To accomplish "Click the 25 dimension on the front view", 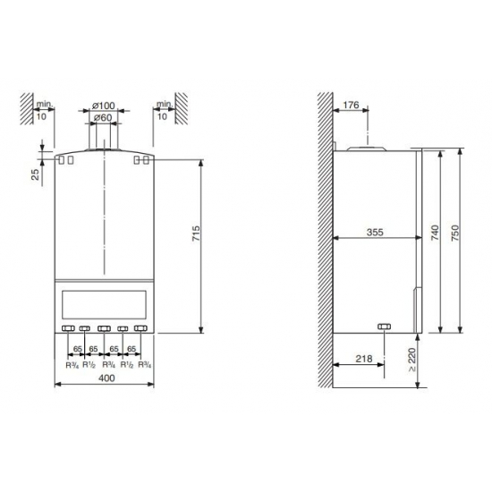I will coord(35,174).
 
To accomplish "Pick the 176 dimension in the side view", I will coord(350,106).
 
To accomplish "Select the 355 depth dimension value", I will coord(375,233).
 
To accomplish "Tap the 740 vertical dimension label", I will coord(435,234).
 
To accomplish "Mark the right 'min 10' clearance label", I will coord(162,110).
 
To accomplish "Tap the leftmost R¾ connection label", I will coord(71,365).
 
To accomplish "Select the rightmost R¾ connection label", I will coord(143,365).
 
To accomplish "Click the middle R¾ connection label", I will coord(106,365).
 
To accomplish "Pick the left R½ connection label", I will coord(89,365).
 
